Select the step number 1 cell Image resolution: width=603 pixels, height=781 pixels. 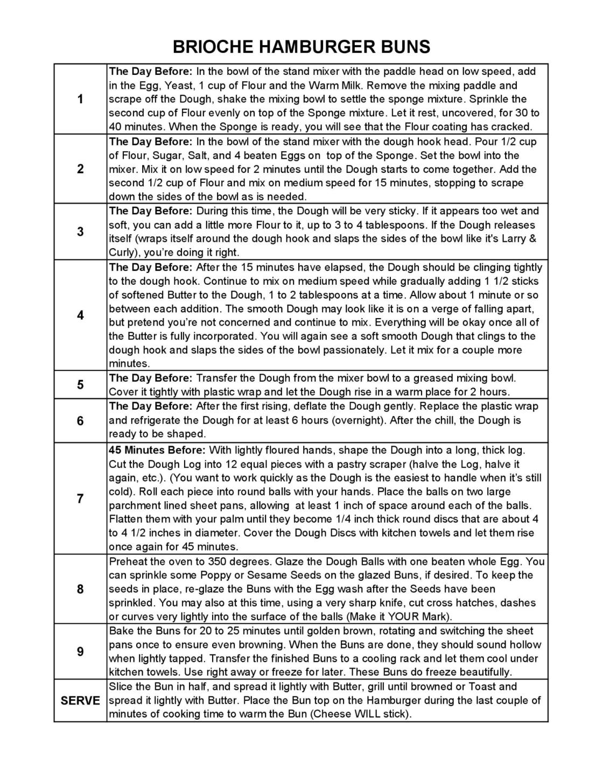tap(80, 99)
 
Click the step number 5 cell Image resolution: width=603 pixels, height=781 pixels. tap(80, 384)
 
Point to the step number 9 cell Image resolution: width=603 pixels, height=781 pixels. tap(80, 651)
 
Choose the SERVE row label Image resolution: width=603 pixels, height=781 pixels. tap(80, 700)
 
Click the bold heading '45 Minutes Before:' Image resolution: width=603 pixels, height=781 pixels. tap(157, 450)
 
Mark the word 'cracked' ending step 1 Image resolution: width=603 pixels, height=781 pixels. tap(513, 126)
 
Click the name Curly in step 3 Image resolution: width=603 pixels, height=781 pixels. tap(122, 252)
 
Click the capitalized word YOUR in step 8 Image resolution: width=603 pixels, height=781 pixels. tap(402, 616)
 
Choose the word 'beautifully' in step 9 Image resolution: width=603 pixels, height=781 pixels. tap(483, 672)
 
